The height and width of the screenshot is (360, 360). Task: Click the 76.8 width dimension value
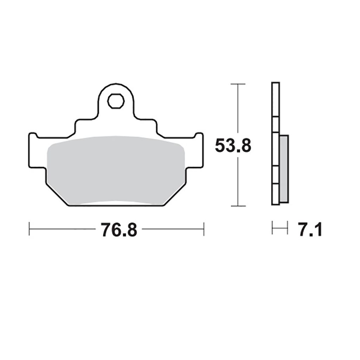point(119,230)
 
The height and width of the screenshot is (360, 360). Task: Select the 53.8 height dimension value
point(233,146)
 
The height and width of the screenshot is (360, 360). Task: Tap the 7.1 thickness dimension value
point(310,230)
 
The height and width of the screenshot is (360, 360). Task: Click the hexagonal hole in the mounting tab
point(116,101)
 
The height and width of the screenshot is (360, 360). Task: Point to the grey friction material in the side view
point(284,169)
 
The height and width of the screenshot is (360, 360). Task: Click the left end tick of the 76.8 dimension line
point(29,229)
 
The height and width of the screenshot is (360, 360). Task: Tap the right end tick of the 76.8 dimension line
point(204,229)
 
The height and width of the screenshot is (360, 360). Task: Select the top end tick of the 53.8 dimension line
point(238,84)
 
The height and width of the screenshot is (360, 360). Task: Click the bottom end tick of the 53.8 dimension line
point(238,206)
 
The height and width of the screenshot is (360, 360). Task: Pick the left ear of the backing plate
point(37,150)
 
